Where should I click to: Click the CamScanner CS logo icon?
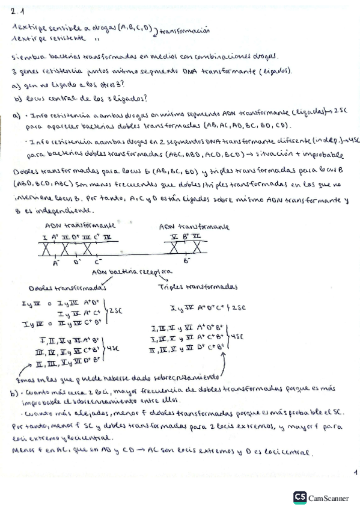pos(299,497)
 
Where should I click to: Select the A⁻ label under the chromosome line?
pos(56,262)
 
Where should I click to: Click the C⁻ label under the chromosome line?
pos(98,262)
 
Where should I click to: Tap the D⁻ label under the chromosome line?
pos(77,262)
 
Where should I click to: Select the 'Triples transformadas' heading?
pos(198,287)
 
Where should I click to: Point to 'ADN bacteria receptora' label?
pos(120,272)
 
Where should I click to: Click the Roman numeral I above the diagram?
pos(46,238)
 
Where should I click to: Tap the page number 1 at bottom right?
pos(356,472)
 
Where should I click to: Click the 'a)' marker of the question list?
pos(16,86)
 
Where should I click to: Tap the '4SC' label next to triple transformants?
pos(238,337)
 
